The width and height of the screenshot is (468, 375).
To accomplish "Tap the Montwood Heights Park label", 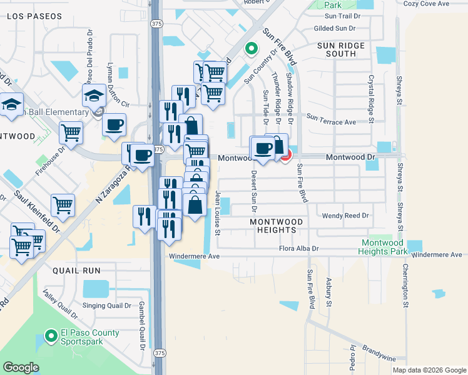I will coord(382,247).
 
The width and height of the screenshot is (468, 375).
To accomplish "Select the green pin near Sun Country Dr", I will coord(251,47).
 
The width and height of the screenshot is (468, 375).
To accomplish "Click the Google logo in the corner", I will coord(21,367).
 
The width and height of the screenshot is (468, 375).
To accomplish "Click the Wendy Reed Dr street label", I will coord(346,216).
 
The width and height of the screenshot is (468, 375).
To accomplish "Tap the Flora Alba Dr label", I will coord(298,248).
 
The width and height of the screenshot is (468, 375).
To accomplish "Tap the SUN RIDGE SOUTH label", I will coord(345,50).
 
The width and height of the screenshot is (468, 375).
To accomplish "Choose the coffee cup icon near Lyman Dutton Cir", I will coord(114,125).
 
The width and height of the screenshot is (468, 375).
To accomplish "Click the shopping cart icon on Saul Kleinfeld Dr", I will coord(63,205).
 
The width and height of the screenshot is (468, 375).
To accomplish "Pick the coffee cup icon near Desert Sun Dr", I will coord(262,149).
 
